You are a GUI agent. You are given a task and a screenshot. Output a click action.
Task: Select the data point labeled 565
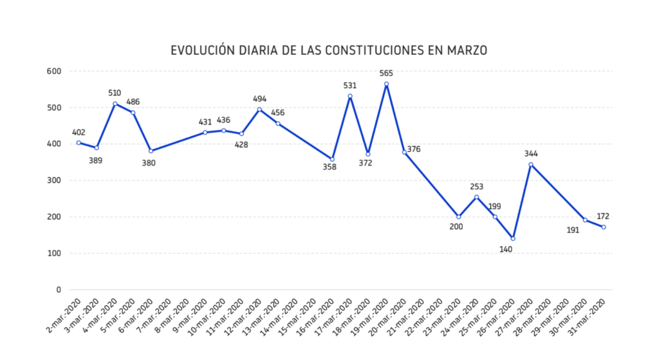click(x=386, y=84)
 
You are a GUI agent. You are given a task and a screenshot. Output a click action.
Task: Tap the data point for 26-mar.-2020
click(x=513, y=238)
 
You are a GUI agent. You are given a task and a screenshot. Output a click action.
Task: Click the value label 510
click(x=115, y=93)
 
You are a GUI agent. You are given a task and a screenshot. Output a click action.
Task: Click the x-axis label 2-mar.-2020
click(x=64, y=316)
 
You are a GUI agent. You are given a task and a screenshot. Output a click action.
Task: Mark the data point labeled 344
click(x=531, y=164)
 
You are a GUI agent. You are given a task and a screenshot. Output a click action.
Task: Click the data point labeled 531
click(x=350, y=96)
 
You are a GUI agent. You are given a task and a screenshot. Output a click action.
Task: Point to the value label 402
click(x=79, y=132)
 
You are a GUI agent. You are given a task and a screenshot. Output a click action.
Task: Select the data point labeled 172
click(x=604, y=227)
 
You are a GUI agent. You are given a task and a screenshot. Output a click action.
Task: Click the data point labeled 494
click(x=259, y=109)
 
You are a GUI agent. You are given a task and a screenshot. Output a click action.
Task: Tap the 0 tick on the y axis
click(x=58, y=290)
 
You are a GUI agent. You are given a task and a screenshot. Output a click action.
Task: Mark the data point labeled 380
click(x=151, y=151)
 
